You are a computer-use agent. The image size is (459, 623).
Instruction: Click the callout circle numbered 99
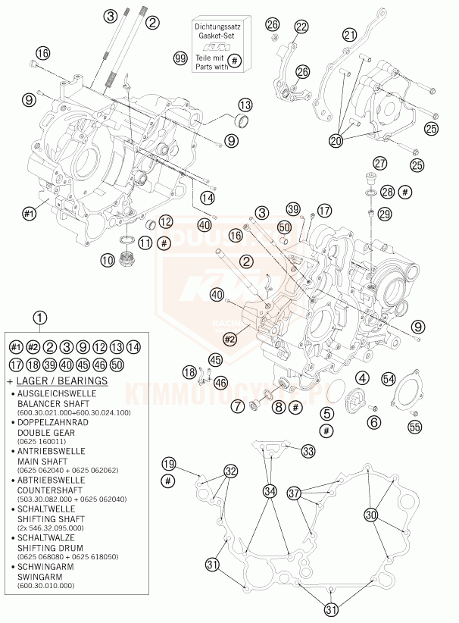[x=180, y=58]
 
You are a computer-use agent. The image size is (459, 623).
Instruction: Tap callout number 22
[x=302, y=28]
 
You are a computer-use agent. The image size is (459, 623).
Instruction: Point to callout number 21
[x=349, y=34]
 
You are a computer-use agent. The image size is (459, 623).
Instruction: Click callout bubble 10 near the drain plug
[x=108, y=260]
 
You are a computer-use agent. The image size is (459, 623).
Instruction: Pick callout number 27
[x=380, y=163]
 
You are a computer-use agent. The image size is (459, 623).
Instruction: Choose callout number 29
[x=386, y=214]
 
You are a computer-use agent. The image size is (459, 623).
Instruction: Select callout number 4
[x=364, y=377]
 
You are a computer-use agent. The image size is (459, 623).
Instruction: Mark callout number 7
[x=238, y=407]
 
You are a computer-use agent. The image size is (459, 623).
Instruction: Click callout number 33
[x=308, y=451]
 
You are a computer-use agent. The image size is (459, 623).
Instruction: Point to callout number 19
[x=168, y=464]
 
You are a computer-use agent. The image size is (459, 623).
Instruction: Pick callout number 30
[x=371, y=515]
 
